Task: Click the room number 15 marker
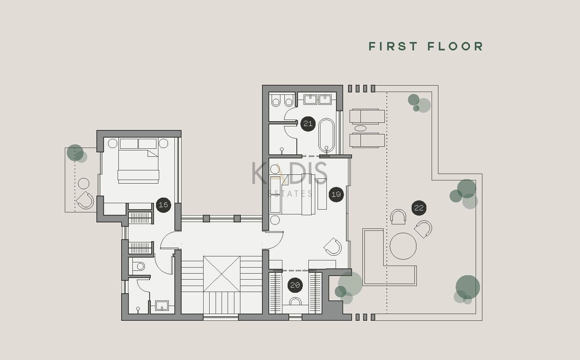click(x=163, y=205)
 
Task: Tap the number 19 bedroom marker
click(x=336, y=194)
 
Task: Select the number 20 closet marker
click(x=295, y=285)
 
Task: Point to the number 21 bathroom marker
click(x=308, y=124)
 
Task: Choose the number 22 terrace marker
click(x=419, y=208)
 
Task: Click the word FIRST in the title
click(x=393, y=47)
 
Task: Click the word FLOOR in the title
click(x=455, y=47)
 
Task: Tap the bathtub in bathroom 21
click(x=326, y=136)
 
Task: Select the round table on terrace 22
click(x=403, y=246)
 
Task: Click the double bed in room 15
click(x=138, y=161)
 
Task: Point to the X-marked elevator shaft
click(x=222, y=274)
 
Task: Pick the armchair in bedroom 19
click(x=333, y=247)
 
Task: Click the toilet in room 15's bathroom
click(x=138, y=266)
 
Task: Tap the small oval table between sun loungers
click(x=360, y=128)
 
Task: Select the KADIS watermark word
click(x=290, y=173)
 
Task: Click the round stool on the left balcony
click(x=84, y=184)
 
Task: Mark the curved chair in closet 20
click(x=295, y=302)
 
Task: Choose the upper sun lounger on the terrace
click(x=367, y=116)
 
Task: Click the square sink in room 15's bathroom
click(x=162, y=306)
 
